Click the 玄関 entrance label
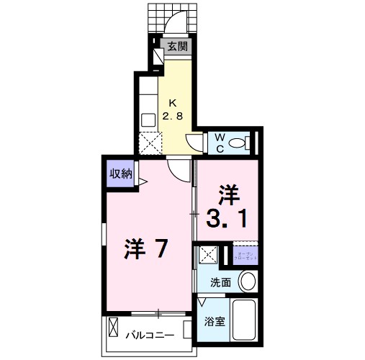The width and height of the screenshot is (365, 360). point(178,47)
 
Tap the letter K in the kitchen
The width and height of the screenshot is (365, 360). point(173,102)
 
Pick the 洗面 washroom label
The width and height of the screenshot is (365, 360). point(220,282)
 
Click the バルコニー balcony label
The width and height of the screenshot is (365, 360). point(150,335)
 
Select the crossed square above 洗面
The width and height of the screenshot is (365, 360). point(208,255)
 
